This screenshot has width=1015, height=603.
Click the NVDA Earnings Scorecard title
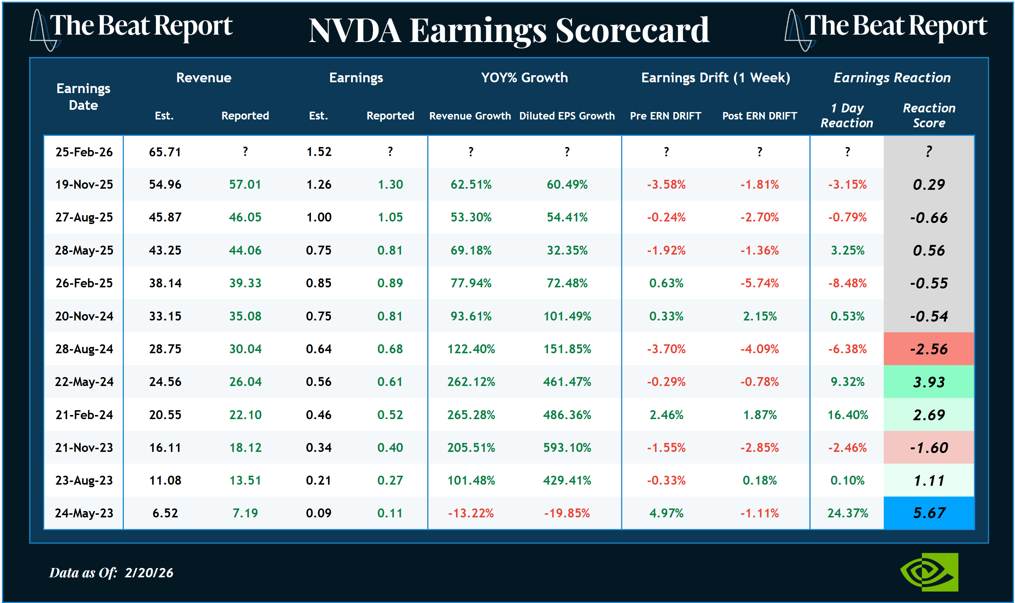[x=509, y=31]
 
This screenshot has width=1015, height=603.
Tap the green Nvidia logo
[x=929, y=572]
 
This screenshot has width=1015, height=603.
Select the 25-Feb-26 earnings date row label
[x=84, y=152]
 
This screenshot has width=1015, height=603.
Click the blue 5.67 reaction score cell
[x=929, y=513]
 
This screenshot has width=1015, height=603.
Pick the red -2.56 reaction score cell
[x=929, y=349]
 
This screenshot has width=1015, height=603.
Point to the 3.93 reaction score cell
[x=929, y=382]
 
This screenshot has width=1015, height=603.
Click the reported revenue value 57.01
[x=245, y=185]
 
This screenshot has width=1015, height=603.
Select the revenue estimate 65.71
[x=165, y=152]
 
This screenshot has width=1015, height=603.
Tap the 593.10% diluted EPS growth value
[x=567, y=448]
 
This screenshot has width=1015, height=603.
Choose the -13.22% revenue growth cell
[x=470, y=513]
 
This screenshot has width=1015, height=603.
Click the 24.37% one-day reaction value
[x=848, y=513]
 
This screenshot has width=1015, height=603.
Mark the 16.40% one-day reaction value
[x=848, y=415]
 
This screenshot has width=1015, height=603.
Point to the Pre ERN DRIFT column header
[x=666, y=116]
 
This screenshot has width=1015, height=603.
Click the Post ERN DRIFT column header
[x=759, y=116]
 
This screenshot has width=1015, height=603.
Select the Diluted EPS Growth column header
[x=567, y=116]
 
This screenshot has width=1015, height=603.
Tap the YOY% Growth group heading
[x=524, y=78]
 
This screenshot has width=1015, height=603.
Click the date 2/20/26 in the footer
[x=149, y=573]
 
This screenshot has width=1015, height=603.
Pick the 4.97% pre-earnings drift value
[x=666, y=513]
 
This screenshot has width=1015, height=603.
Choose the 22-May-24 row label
[x=84, y=382]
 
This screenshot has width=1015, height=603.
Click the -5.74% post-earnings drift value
[x=759, y=283]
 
